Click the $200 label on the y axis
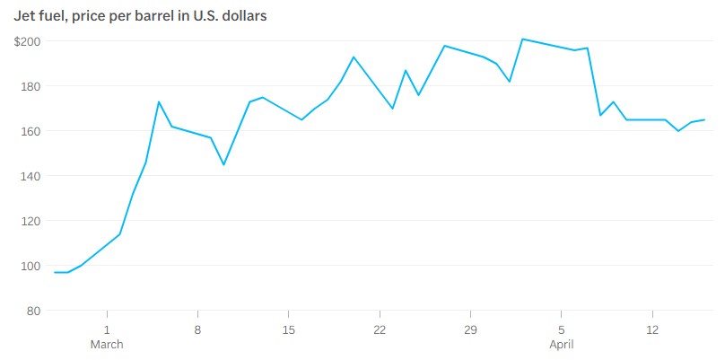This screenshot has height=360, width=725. [27, 41]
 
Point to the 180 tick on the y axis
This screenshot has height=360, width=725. [30, 86]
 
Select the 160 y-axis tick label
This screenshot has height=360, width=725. [30, 131]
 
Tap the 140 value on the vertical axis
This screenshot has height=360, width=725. [30, 176]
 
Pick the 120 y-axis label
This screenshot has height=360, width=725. [30, 221]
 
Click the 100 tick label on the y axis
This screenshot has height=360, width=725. [30, 266]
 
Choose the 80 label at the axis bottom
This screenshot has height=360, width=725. [32, 311]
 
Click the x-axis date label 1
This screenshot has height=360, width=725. [107, 329]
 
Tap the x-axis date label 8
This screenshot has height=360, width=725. [197, 329]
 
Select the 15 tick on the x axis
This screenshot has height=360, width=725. [288, 329]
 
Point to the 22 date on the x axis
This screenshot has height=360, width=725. [380, 329]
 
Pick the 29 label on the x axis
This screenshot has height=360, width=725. [470, 329]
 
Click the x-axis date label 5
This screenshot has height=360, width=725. [561, 329]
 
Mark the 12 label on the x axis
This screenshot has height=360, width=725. [652, 329]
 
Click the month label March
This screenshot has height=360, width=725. [107, 345]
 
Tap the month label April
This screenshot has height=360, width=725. [561, 345]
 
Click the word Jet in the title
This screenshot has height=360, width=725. [24, 15]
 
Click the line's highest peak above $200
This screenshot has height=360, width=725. [522, 40]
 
